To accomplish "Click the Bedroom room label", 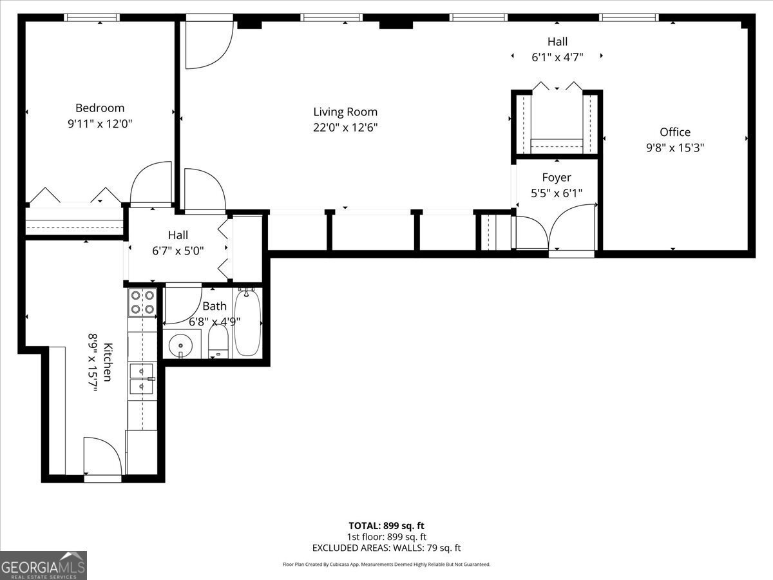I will pyautogui.click(x=100, y=108).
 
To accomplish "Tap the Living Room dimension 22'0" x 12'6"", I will pyautogui.click(x=345, y=128).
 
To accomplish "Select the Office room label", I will pyautogui.click(x=675, y=132).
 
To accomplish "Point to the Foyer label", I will pyautogui.click(x=556, y=178).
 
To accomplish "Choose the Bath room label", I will pyautogui.click(x=215, y=306).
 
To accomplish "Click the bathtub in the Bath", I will pyautogui.click(x=247, y=322).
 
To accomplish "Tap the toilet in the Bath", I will pyautogui.click(x=218, y=342).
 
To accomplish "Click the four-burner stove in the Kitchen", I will pyautogui.click(x=142, y=302).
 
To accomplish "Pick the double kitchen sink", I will pyautogui.click(x=141, y=378).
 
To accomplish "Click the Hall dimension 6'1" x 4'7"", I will pyautogui.click(x=557, y=57).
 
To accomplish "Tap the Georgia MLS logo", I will pyautogui.click(x=43, y=565).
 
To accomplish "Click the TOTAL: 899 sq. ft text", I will pyautogui.click(x=386, y=526).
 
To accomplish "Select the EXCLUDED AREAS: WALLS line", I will pyautogui.click(x=386, y=548).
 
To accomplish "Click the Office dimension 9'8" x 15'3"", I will pyautogui.click(x=675, y=148).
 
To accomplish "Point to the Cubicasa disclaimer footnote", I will pyautogui.click(x=386, y=565).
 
